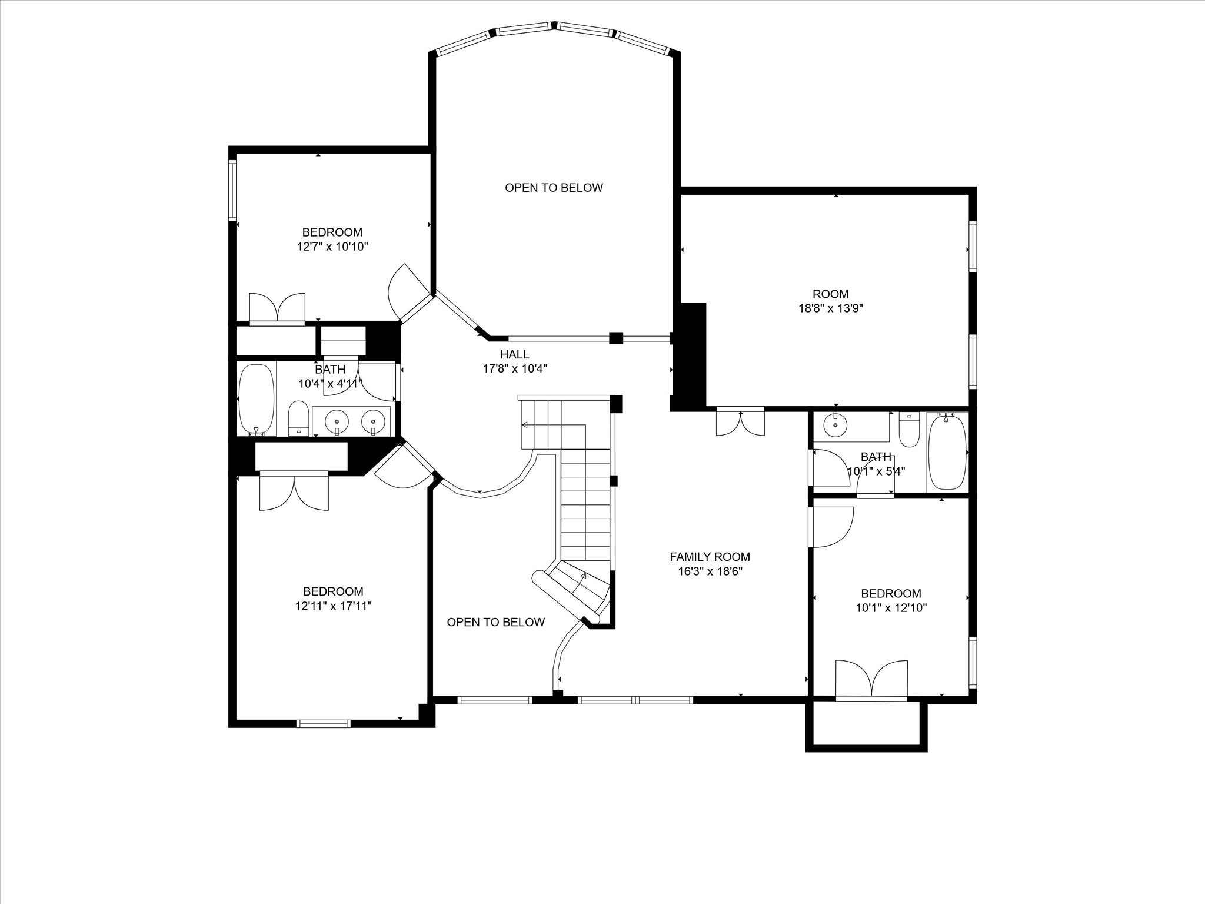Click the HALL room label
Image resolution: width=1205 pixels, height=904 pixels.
pyautogui.click(x=514, y=354)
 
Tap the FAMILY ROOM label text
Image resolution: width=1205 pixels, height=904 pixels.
pyautogui.click(x=710, y=557)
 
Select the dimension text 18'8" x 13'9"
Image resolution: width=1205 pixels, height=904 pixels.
pyautogui.click(x=830, y=308)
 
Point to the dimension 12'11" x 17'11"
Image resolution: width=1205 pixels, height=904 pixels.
pyautogui.click(x=333, y=606)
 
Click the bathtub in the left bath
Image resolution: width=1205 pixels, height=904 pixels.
pyautogui.click(x=257, y=399)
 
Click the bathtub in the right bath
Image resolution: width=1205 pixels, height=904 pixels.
pyautogui.click(x=947, y=452)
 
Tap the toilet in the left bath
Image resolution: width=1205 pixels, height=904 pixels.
pyautogui.click(x=299, y=418)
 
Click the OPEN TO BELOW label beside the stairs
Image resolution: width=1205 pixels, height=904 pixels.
pyautogui.click(x=495, y=623)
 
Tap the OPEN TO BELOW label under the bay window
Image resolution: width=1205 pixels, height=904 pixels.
pyautogui.click(x=554, y=188)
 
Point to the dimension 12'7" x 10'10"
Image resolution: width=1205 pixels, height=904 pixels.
pyautogui.click(x=332, y=247)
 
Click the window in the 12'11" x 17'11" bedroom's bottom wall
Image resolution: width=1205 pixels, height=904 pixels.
pyautogui.click(x=324, y=723)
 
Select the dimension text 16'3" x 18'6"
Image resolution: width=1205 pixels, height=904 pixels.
pyautogui.click(x=710, y=571)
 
